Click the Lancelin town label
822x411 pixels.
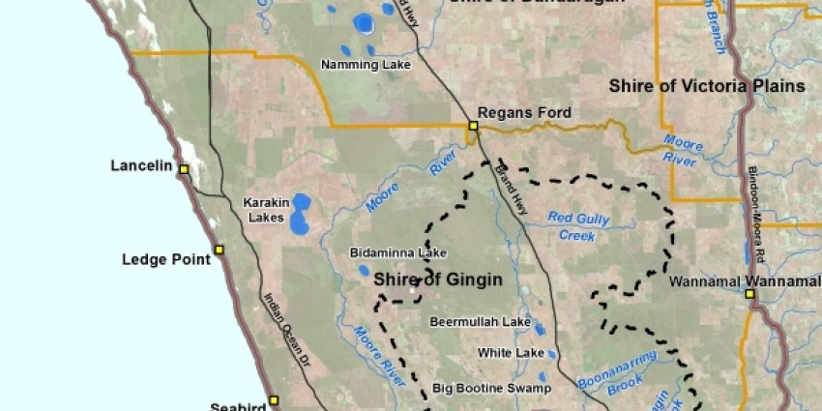coord(141,166)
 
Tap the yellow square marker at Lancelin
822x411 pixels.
coord(183,168)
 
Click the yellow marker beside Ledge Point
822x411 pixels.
coord(219,250)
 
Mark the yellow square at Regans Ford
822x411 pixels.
coord(474,126)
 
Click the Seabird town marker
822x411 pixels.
coord(274,399)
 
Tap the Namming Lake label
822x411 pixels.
coord(366,65)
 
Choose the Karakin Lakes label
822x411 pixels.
coord(265,210)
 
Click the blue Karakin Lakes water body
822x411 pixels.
coord(301,214)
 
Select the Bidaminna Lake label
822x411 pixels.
coord(398,253)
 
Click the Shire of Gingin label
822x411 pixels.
coord(438,280)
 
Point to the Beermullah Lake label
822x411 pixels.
coord(480,321)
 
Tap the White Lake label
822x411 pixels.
coord(511,353)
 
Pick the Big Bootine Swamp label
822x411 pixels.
coord(491,388)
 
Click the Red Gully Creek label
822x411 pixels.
coord(578,225)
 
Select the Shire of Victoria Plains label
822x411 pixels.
coord(707,86)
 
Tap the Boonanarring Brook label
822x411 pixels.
coord(616,376)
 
